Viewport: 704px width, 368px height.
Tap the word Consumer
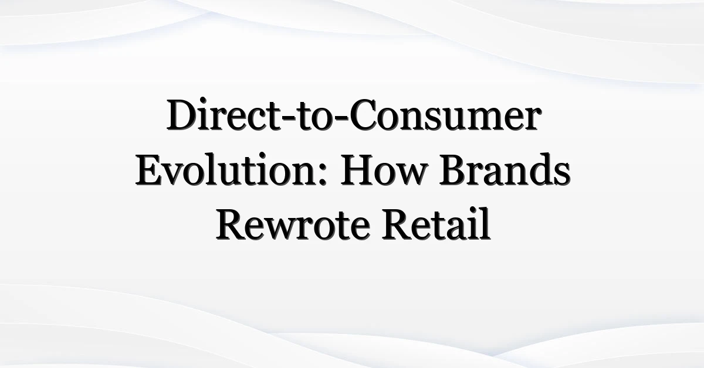pyautogui.click(x=445, y=115)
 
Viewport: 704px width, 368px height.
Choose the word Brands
pyautogui.click(x=505, y=169)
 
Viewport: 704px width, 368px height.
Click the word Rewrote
pyautogui.click(x=293, y=224)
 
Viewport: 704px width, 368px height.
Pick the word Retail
pyautogui.click(x=436, y=223)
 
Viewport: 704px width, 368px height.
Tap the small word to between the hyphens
pyautogui.click(x=315, y=117)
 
